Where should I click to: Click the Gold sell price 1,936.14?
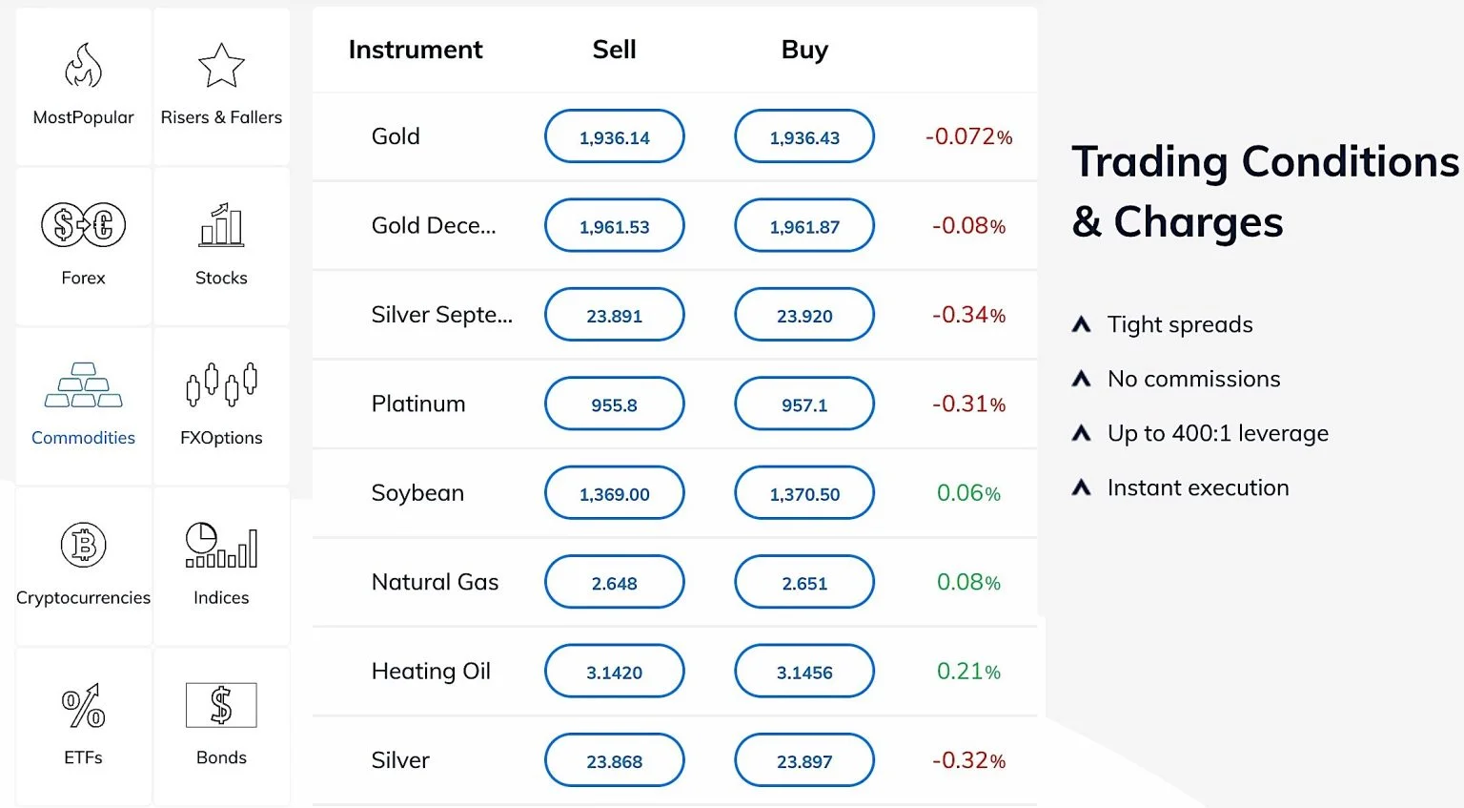click(614, 136)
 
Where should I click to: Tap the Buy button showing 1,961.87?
click(803, 226)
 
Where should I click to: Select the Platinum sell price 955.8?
click(614, 404)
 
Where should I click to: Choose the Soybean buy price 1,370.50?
click(803, 493)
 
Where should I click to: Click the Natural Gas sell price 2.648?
click(614, 583)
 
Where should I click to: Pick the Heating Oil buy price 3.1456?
click(803, 672)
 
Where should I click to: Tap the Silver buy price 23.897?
click(803, 761)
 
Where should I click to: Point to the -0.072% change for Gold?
click(968, 136)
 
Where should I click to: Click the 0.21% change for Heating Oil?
click(968, 672)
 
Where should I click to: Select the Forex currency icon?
click(83, 225)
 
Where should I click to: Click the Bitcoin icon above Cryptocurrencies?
click(83, 546)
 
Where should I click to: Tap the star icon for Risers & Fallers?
click(221, 66)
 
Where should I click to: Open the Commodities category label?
click(83, 438)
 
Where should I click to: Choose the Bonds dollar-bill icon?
click(221, 705)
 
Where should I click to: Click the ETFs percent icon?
click(83, 706)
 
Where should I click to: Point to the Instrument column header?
click(416, 50)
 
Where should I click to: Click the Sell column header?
click(614, 50)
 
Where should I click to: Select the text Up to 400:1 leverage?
click(1217, 433)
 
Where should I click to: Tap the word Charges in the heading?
click(1198, 222)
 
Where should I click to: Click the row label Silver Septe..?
click(441, 315)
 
